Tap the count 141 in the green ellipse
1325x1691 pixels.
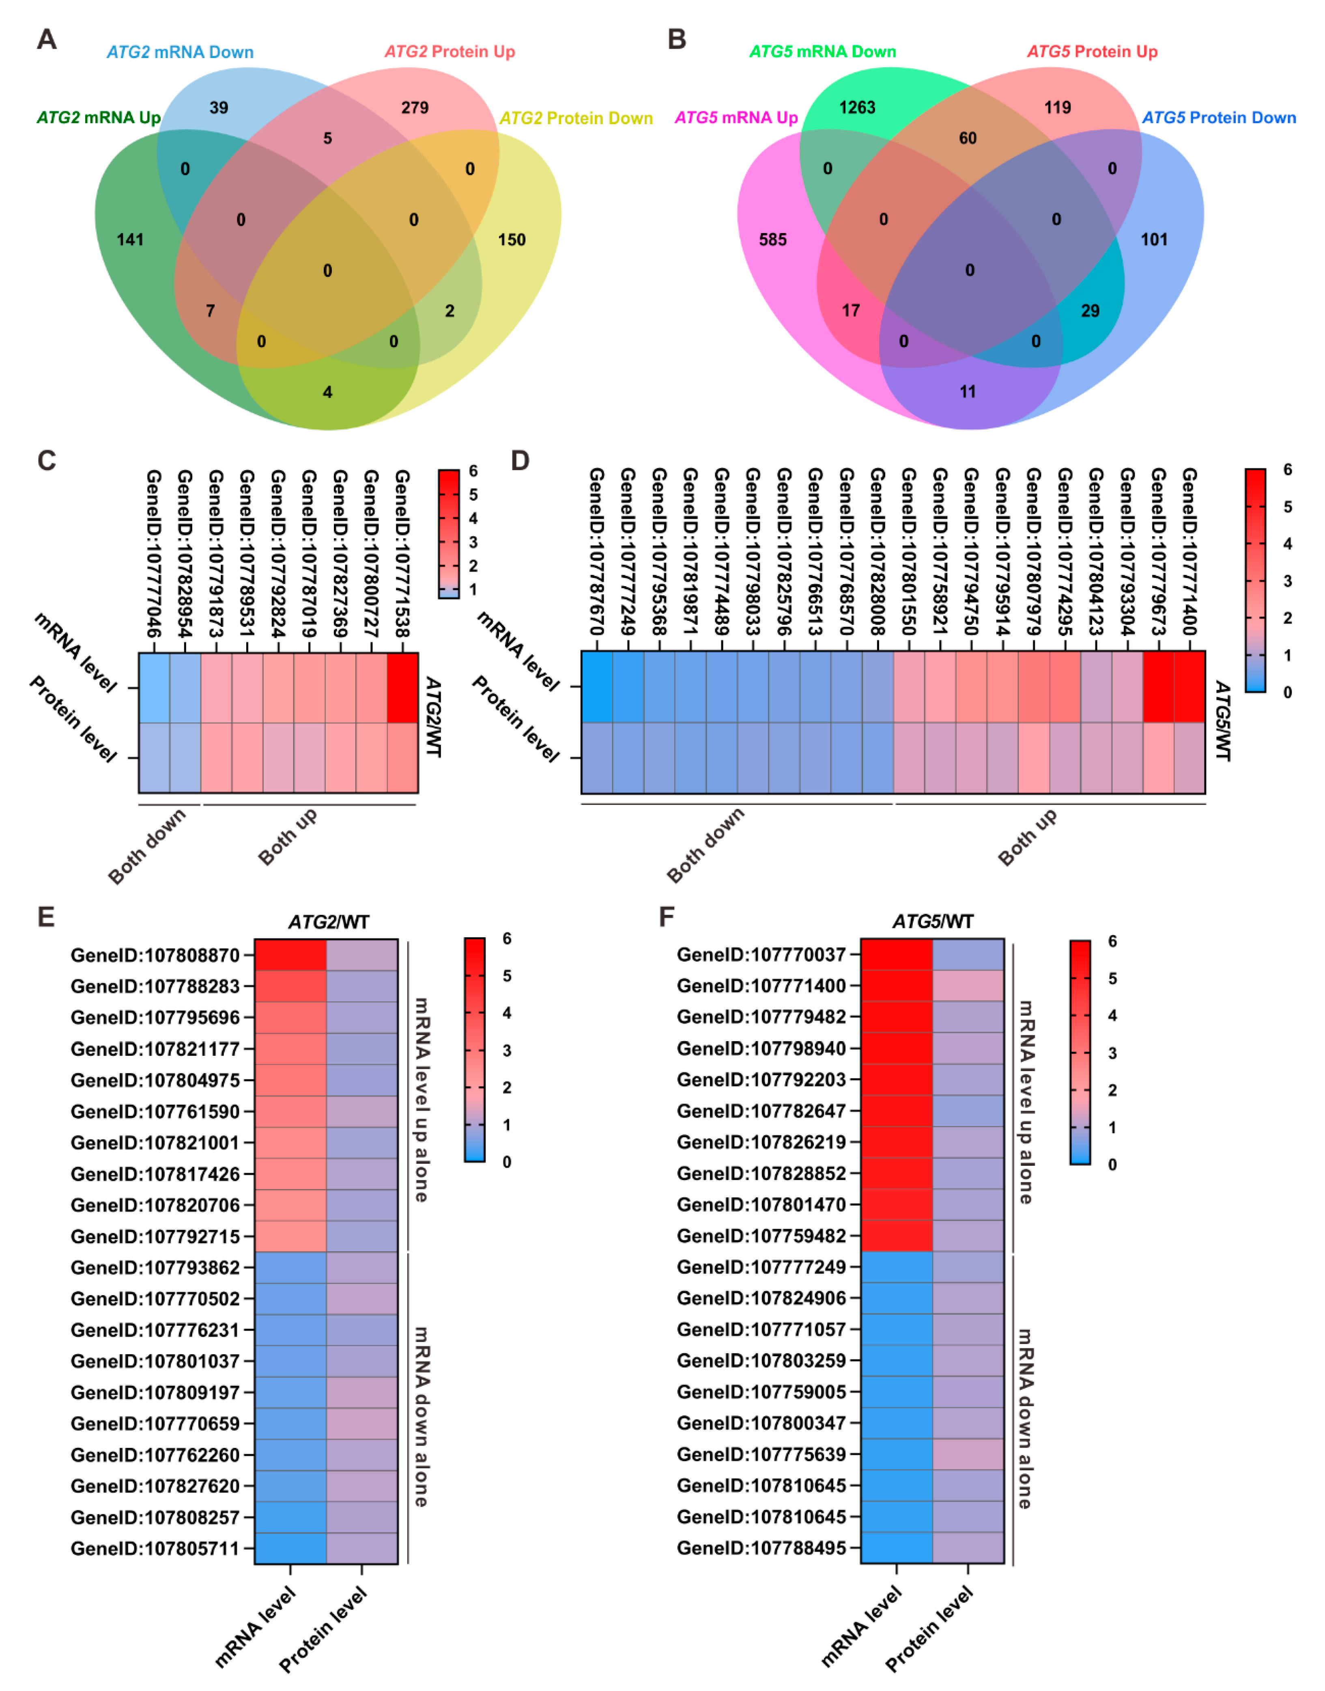coord(130,240)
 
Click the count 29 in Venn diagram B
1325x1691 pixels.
coord(1090,311)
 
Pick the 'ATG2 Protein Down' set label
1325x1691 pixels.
coord(576,118)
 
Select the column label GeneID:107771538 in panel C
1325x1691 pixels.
coord(402,552)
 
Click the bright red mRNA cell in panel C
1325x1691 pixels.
coord(402,688)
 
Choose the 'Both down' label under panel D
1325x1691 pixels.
coord(705,846)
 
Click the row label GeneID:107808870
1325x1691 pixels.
coord(155,956)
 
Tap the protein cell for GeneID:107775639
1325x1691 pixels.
coord(968,1454)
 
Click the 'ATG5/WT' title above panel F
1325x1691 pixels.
coord(932,922)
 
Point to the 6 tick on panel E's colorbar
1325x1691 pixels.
coord(507,939)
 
